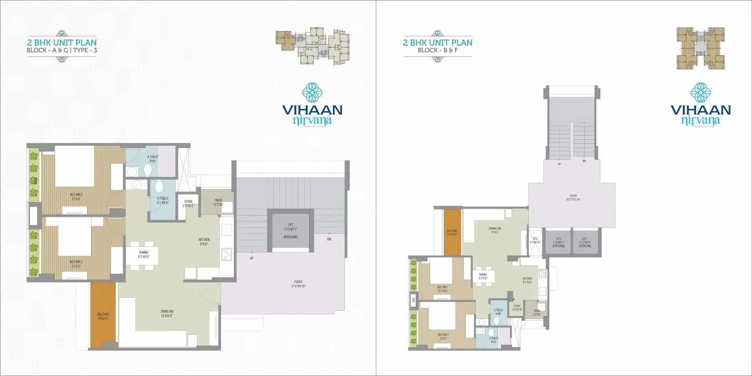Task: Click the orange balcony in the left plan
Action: point(103,315)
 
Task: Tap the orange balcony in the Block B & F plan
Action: point(452,233)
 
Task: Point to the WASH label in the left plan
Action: point(218,202)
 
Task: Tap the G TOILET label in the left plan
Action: point(163,200)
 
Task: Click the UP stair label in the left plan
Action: point(251,258)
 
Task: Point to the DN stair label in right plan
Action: point(584,161)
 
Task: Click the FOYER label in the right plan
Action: point(572,197)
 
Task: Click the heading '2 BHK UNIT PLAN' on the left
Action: point(61,42)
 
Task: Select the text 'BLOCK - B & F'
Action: point(437,51)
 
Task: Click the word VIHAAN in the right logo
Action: point(700,110)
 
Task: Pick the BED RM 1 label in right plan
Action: point(442,290)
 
